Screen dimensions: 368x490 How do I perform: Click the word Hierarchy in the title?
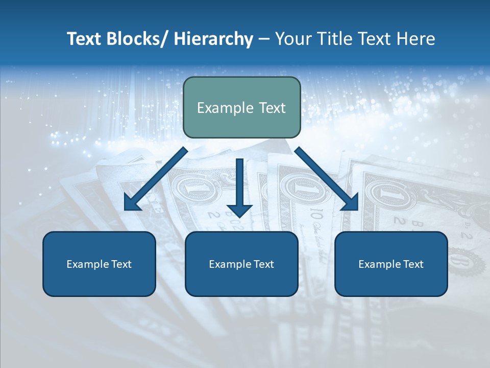click(213, 39)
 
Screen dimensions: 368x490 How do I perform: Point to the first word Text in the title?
click(84, 39)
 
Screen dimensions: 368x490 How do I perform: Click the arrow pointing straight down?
click(239, 189)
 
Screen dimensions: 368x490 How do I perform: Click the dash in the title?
click(264, 39)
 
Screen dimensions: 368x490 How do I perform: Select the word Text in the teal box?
click(272, 108)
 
